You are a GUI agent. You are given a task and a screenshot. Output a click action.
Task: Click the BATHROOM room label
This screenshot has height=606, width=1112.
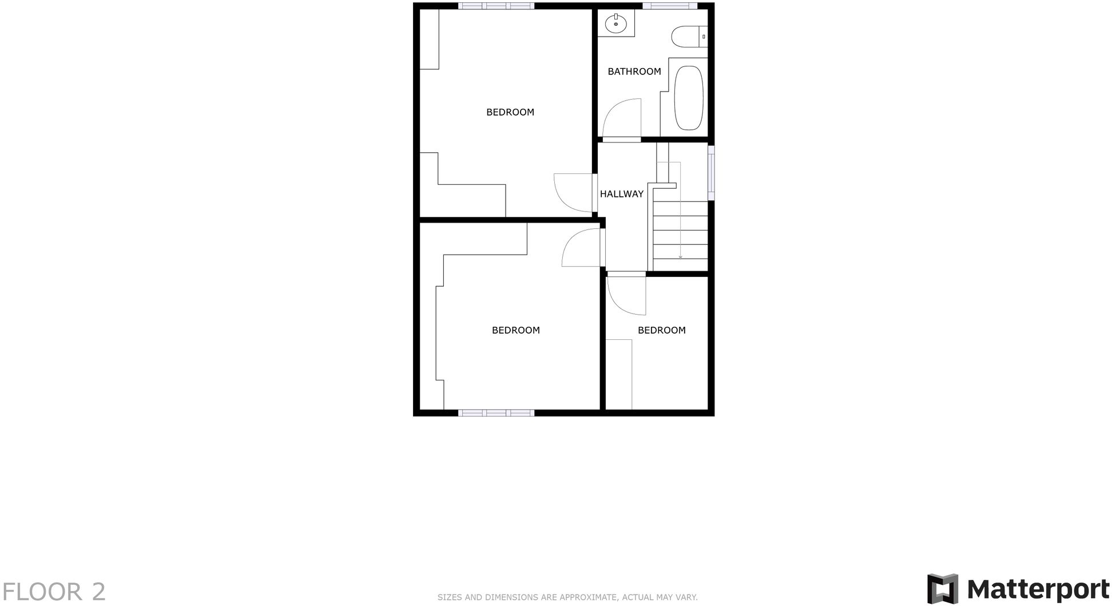634,72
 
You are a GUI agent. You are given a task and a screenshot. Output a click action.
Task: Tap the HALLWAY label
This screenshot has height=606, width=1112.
621,194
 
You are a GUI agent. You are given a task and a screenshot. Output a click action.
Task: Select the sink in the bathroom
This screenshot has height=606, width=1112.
616,24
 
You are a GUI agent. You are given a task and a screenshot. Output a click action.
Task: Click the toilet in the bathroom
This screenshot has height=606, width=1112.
686,37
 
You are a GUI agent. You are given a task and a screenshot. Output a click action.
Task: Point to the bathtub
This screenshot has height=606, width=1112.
689,98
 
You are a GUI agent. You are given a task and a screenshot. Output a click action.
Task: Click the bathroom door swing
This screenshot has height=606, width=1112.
622,118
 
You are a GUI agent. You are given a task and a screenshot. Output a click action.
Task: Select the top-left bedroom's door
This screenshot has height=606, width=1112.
573,193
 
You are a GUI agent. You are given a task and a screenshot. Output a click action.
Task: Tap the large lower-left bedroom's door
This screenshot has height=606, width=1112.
581,248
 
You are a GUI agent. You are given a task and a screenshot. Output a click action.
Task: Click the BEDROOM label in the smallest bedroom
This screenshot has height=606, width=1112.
661,330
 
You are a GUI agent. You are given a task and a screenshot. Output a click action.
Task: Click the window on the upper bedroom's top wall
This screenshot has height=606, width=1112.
496,6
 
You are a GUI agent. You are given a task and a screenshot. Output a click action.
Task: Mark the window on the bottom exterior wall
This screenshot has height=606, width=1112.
496,413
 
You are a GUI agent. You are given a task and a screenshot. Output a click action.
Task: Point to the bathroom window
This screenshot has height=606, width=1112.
669,6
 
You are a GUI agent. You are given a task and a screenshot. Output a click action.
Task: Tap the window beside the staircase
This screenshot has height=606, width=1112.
711,173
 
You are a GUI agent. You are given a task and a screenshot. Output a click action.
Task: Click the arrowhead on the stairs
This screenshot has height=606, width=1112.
680,257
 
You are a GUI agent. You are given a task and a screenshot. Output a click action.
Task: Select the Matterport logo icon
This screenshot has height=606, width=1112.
942,589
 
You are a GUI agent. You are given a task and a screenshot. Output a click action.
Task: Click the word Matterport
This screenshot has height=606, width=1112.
1038,589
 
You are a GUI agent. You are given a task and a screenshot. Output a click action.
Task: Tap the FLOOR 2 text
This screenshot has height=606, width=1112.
54,592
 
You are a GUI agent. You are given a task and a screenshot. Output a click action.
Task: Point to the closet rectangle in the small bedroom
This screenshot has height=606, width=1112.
618,374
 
